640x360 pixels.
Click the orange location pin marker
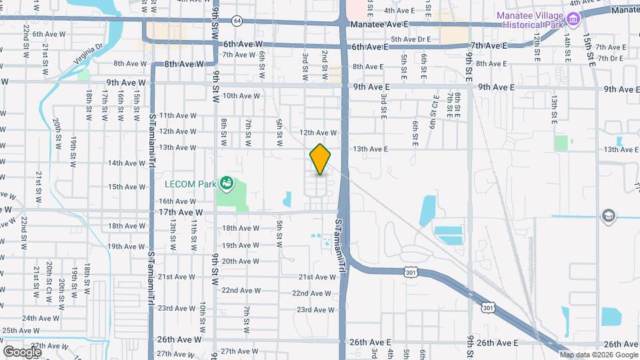point(321,159)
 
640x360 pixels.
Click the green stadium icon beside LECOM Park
point(227,182)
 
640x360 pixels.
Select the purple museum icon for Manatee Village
point(572,20)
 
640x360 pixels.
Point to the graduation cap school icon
point(607,215)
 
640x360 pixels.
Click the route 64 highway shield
point(237,21)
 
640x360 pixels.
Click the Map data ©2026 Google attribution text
point(598,355)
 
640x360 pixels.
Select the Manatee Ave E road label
point(377,24)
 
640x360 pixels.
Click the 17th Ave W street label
point(180,212)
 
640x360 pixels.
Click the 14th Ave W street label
point(123,163)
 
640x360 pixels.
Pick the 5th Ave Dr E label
point(413,39)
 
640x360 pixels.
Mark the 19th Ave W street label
point(123,246)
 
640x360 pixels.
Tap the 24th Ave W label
point(38,319)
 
